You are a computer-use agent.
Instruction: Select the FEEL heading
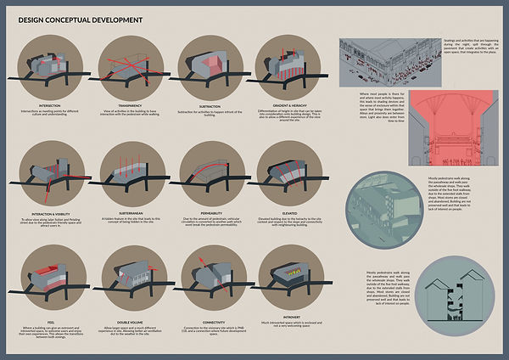[48, 321]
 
